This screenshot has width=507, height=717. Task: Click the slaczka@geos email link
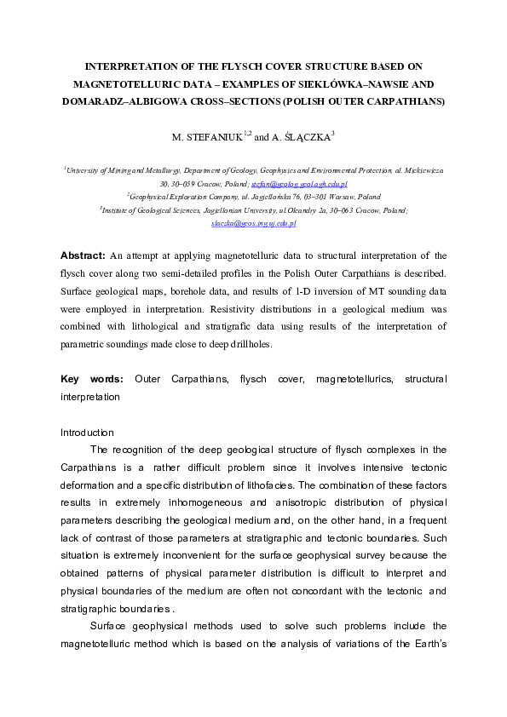point(253,223)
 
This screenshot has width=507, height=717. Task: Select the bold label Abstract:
point(83,255)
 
